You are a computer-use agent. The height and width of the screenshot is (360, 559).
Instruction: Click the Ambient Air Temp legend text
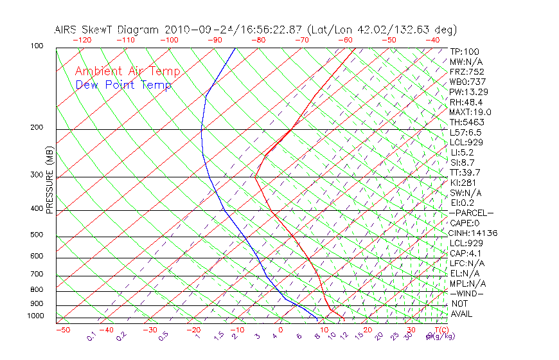pyautogui.click(x=127, y=71)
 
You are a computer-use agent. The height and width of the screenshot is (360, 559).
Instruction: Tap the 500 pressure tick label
pyautogui.click(x=37, y=235)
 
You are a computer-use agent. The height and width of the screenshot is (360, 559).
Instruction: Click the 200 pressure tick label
pyautogui.click(x=37, y=128)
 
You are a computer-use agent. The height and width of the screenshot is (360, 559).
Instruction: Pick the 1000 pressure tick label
pyautogui.click(x=35, y=316)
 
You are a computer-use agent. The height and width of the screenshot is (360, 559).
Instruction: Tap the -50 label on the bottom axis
pyautogui.click(x=62, y=330)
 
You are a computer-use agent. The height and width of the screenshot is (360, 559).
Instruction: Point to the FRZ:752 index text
pyautogui.click(x=467, y=72)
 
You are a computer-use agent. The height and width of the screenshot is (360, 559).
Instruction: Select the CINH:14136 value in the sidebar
pyautogui.click(x=474, y=233)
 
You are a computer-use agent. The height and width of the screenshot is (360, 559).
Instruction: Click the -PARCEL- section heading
pyautogui.click(x=472, y=213)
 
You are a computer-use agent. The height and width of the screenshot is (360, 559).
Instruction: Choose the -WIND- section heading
pyautogui.click(x=467, y=294)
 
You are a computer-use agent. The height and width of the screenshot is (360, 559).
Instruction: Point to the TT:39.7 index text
pyautogui.click(x=466, y=172)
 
